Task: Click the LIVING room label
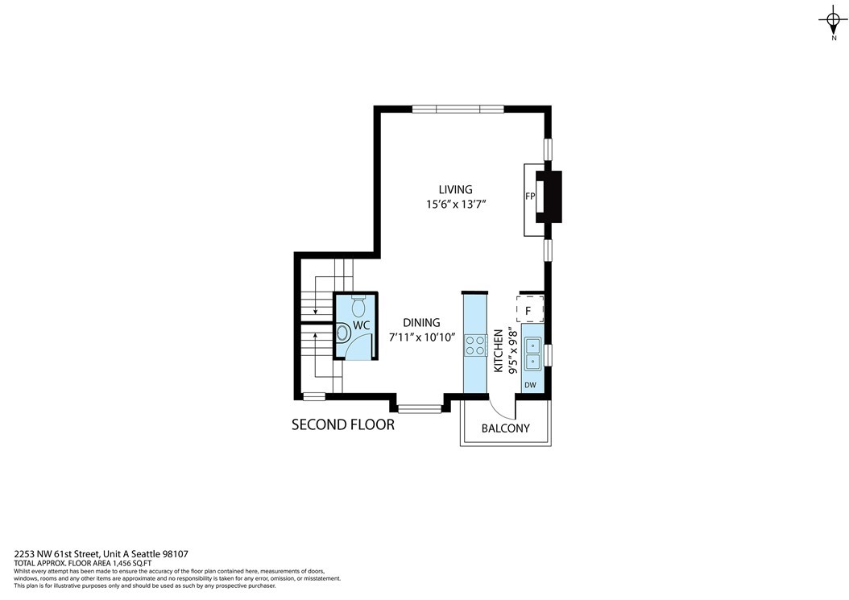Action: point(455,189)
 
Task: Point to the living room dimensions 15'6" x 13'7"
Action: point(455,204)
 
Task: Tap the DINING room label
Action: point(421,323)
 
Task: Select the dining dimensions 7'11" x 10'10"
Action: point(422,337)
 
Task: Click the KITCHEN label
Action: point(499,351)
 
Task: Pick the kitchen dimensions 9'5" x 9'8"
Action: point(513,352)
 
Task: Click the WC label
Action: point(361,325)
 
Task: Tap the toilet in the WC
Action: point(358,307)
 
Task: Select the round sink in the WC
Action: point(342,333)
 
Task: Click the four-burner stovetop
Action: point(475,346)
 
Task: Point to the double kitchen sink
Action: point(532,353)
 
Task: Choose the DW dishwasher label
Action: point(531,386)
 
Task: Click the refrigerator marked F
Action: point(529,310)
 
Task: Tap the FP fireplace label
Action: point(530,197)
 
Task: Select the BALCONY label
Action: point(506,428)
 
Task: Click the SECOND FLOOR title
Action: point(343,424)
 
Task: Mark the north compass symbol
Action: point(834,21)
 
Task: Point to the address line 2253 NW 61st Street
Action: point(57,554)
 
